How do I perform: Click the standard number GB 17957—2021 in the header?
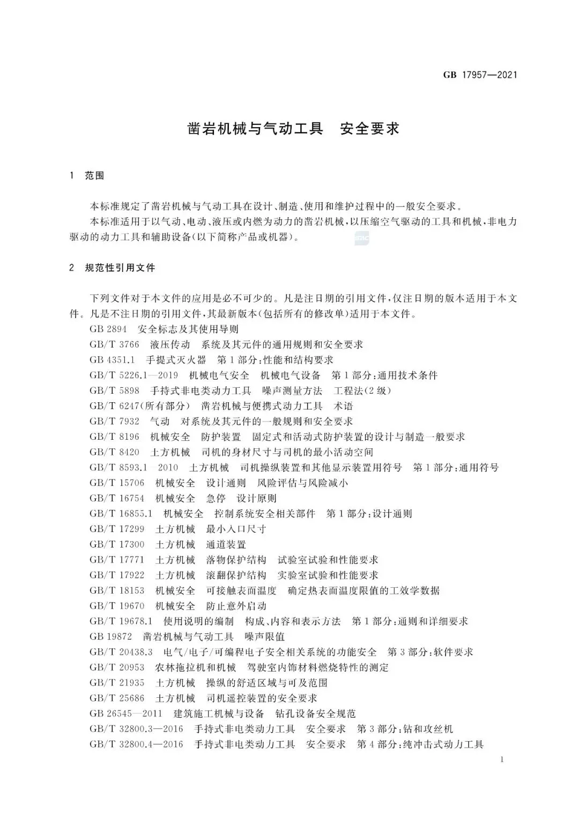[480, 75]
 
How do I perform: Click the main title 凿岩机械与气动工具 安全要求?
[293, 129]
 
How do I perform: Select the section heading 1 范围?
[87, 175]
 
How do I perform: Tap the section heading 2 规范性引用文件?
[112, 267]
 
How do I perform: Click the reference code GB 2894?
[108, 329]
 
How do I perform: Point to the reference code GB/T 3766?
[114, 344]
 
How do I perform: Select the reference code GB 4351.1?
[112, 360]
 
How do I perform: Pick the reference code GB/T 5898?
[114, 390]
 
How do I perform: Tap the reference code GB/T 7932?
[114, 422]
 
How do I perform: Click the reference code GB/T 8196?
[114, 437]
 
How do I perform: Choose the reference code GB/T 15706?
[117, 483]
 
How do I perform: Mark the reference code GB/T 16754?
[117, 498]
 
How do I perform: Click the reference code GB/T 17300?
[117, 544]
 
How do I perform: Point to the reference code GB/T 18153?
[117, 591]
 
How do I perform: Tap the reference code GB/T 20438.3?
[121, 652]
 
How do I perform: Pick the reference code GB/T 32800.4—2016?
[136, 744]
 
